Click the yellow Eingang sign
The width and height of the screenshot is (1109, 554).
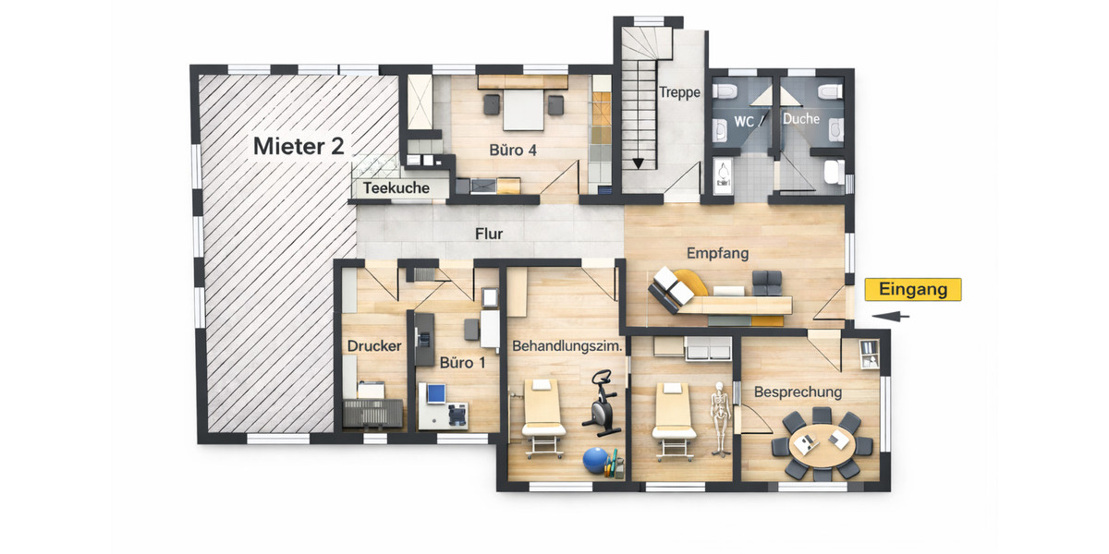(912, 290)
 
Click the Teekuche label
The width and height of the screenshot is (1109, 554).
(396, 188)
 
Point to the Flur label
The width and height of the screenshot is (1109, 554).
(489, 234)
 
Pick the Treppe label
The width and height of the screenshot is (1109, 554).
(679, 92)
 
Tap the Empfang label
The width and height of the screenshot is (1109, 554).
(717, 252)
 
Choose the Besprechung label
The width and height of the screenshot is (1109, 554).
(798, 391)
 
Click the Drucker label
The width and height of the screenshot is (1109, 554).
(373, 346)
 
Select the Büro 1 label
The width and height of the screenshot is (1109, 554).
(462, 362)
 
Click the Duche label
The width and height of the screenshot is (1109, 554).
(801, 119)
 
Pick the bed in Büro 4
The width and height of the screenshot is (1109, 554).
(522, 110)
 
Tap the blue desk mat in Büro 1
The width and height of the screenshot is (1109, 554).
(433, 394)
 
